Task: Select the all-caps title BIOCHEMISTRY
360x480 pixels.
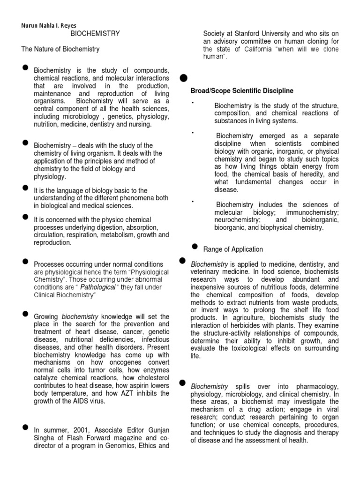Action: click(x=95, y=33)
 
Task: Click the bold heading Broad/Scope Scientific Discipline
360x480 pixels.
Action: click(x=242, y=90)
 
